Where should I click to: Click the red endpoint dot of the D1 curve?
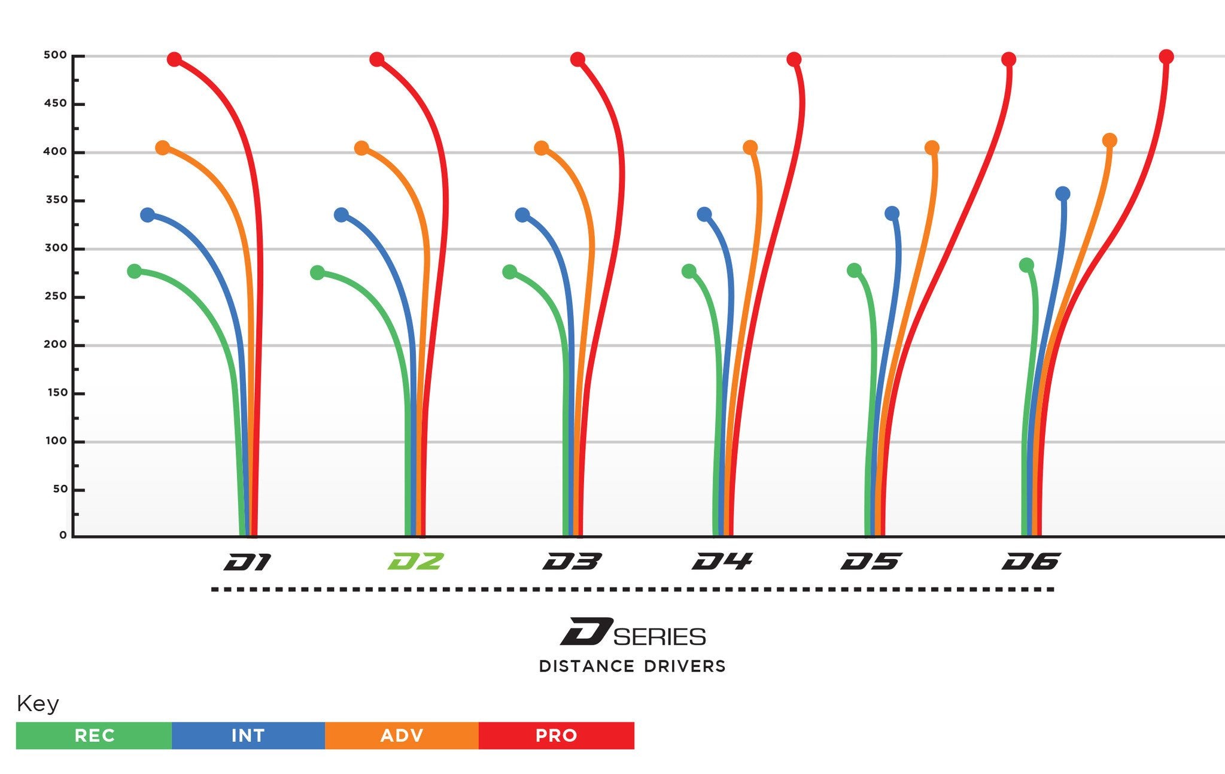pos(174,59)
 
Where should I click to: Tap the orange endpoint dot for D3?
pos(541,148)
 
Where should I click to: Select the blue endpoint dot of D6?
pos(1063,194)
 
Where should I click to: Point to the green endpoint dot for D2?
pos(318,273)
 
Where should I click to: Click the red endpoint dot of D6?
pos(1166,57)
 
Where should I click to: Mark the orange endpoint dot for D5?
pos(932,148)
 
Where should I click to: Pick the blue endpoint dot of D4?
pos(704,214)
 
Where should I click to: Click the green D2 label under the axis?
pos(415,561)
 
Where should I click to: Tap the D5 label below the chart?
pos(871,561)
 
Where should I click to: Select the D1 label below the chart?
pos(248,561)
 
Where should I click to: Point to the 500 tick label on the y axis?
pos(55,56)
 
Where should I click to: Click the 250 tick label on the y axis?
pos(55,296)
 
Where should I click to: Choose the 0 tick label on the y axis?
pos(63,535)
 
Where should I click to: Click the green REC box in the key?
pos(94,736)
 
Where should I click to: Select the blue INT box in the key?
pos(248,736)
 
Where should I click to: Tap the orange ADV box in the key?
pos(402,736)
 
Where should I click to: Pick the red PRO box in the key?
pos(556,736)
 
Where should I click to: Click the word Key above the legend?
pos(38,704)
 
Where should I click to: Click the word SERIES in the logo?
pos(659,637)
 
